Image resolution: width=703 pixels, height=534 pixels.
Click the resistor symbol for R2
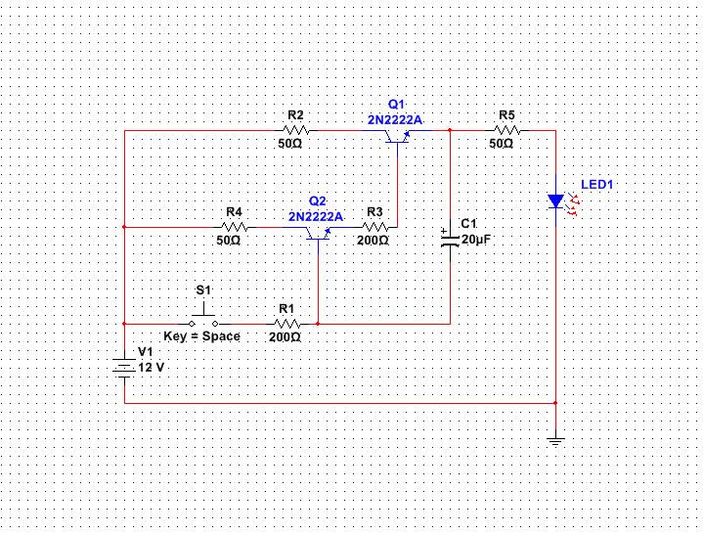click(x=295, y=129)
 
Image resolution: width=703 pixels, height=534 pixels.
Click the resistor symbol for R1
click(x=285, y=322)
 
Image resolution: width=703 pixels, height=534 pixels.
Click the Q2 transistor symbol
click(x=318, y=233)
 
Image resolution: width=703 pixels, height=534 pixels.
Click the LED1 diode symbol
click(x=555, y=200)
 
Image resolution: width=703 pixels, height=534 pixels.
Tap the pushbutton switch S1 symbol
click(x=203, y=317)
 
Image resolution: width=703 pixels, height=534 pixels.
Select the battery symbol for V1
click(x=124, y=368)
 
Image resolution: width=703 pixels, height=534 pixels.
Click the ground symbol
click(x=555, y=441)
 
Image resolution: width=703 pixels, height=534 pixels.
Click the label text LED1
click(x=599, y=184)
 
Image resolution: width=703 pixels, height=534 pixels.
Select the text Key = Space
click(x=201, y=335)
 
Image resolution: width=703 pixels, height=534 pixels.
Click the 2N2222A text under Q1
click(x=395, y=119)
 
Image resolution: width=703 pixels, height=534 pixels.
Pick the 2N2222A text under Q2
click(x=315, y=216)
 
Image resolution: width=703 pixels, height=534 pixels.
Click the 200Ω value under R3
click(x=373, y=240)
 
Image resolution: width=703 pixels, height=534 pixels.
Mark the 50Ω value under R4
click(x=229, y=240)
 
